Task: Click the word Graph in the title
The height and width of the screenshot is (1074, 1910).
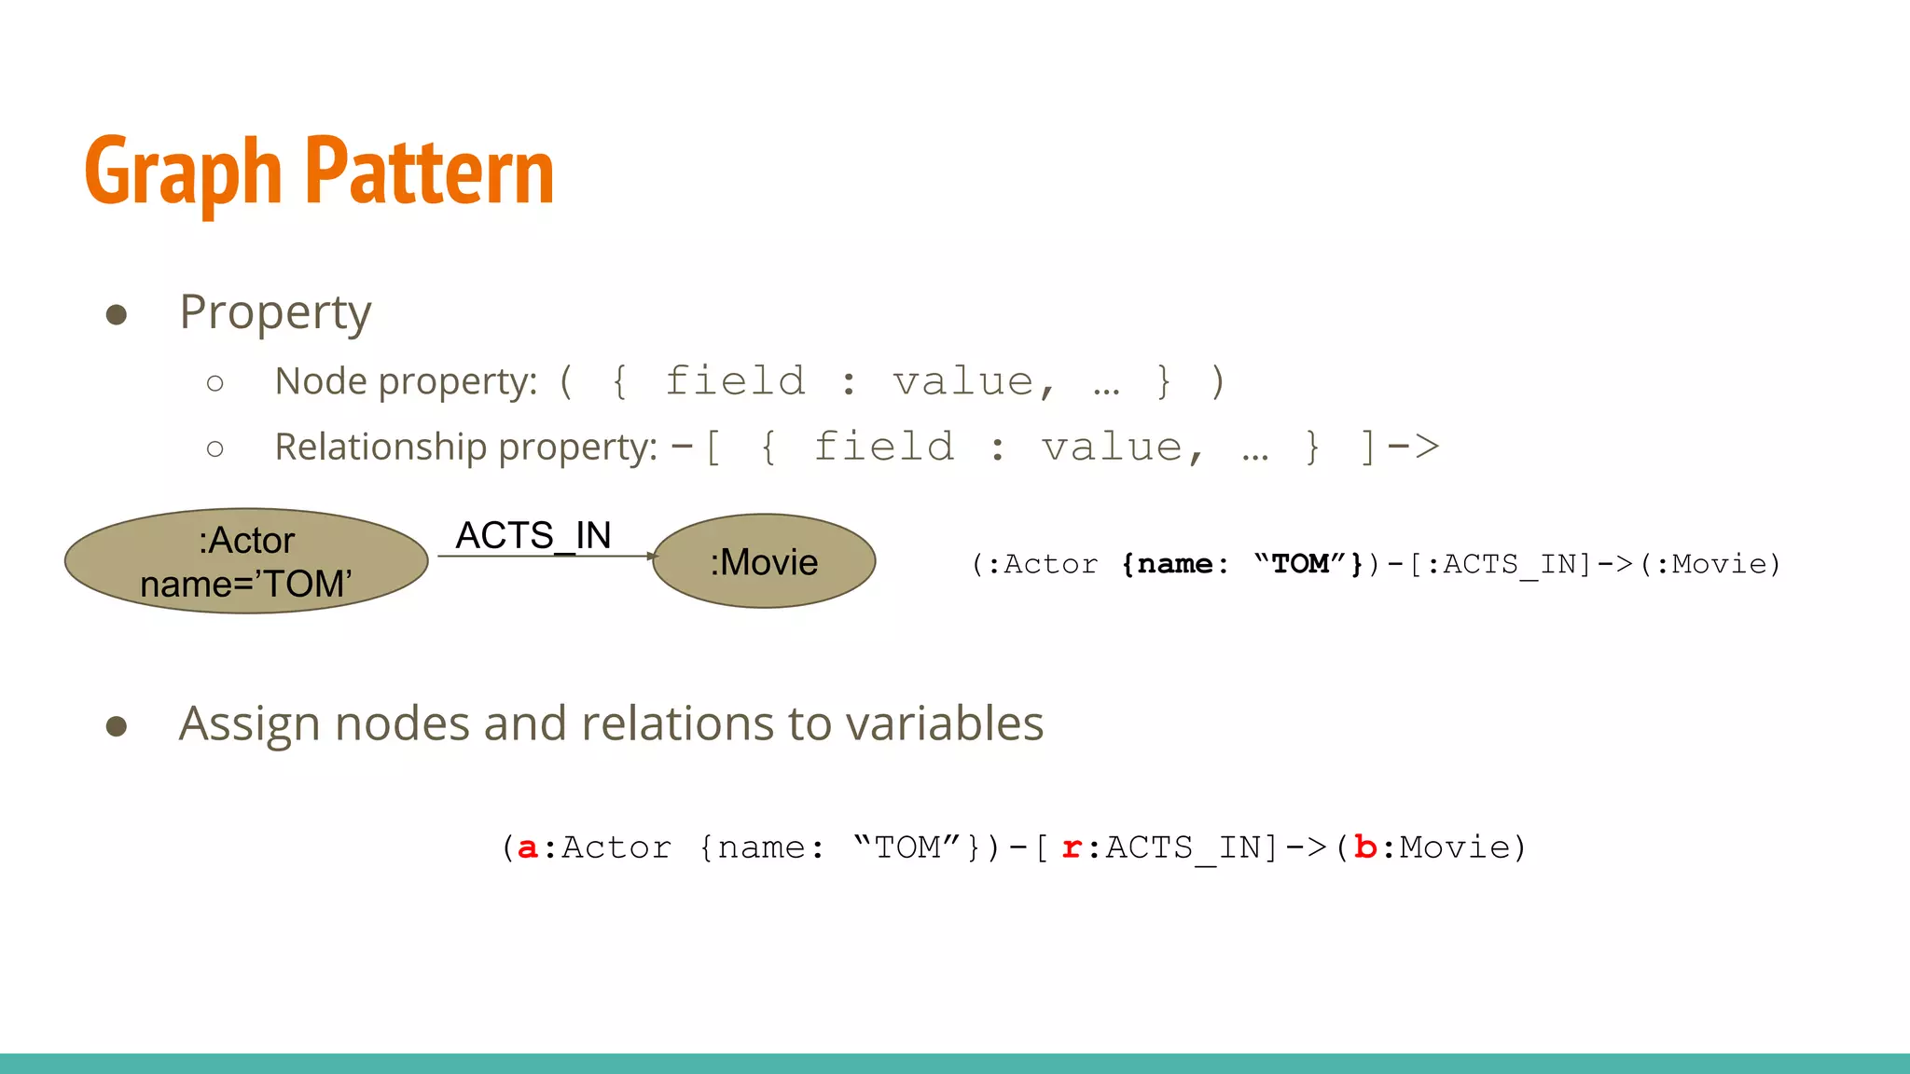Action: (183, 172)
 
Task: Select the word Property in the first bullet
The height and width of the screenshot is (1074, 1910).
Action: (275, 312)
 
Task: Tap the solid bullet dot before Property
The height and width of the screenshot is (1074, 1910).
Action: (117, 314)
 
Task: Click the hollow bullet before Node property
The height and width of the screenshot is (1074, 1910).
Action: (215, 383)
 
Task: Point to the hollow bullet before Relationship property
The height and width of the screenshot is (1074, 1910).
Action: (215, 449)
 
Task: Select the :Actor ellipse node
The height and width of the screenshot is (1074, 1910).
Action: (246, 561)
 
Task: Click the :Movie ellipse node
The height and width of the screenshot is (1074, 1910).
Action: (764, 561)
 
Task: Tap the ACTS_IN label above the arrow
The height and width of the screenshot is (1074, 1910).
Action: (533, 536)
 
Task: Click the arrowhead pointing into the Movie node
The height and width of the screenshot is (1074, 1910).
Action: (653, 557)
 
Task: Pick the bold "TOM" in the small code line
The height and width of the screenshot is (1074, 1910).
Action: (1300, 564)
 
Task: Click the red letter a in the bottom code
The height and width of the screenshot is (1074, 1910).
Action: (527, 847)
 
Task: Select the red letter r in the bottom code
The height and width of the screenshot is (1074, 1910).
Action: (1072, 847)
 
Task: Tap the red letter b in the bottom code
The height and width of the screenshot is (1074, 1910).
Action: (1365, 847)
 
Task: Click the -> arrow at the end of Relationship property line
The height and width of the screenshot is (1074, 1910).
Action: (1413, 447)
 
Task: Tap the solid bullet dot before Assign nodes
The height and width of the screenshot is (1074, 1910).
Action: (117, 726)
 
